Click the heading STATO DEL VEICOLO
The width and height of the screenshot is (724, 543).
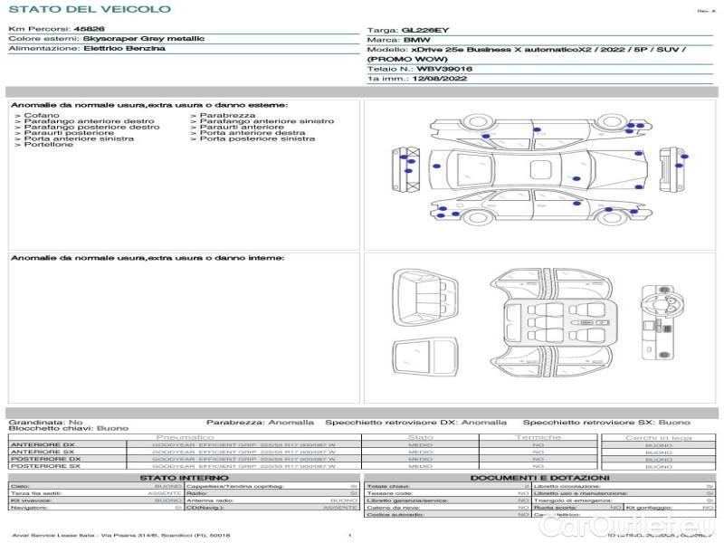click(89, 9)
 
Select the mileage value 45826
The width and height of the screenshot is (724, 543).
click(89, 29)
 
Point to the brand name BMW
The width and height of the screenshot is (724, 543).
click(416, 40)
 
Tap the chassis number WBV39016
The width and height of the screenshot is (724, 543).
click(444, 69)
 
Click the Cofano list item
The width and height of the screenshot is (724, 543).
click(42, 116)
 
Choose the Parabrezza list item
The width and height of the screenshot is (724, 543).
click(227, 116)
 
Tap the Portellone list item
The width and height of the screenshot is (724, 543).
click(48, 145)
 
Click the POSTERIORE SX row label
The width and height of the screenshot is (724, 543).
click(44, 466)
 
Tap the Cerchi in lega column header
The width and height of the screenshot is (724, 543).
click(658, 437)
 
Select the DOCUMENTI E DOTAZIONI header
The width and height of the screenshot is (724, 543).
click(539, 477)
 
